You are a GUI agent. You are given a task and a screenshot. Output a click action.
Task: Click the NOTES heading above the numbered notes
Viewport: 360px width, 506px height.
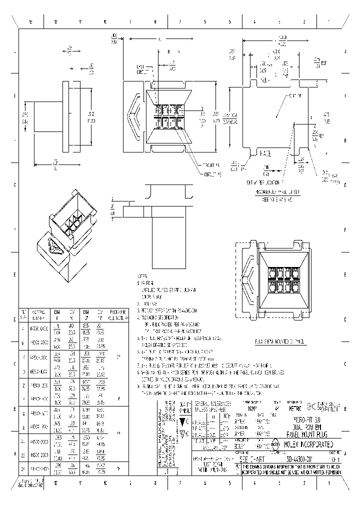coord(141,275)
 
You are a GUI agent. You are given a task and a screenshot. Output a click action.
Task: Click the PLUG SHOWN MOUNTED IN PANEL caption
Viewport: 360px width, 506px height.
coord(273,341)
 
